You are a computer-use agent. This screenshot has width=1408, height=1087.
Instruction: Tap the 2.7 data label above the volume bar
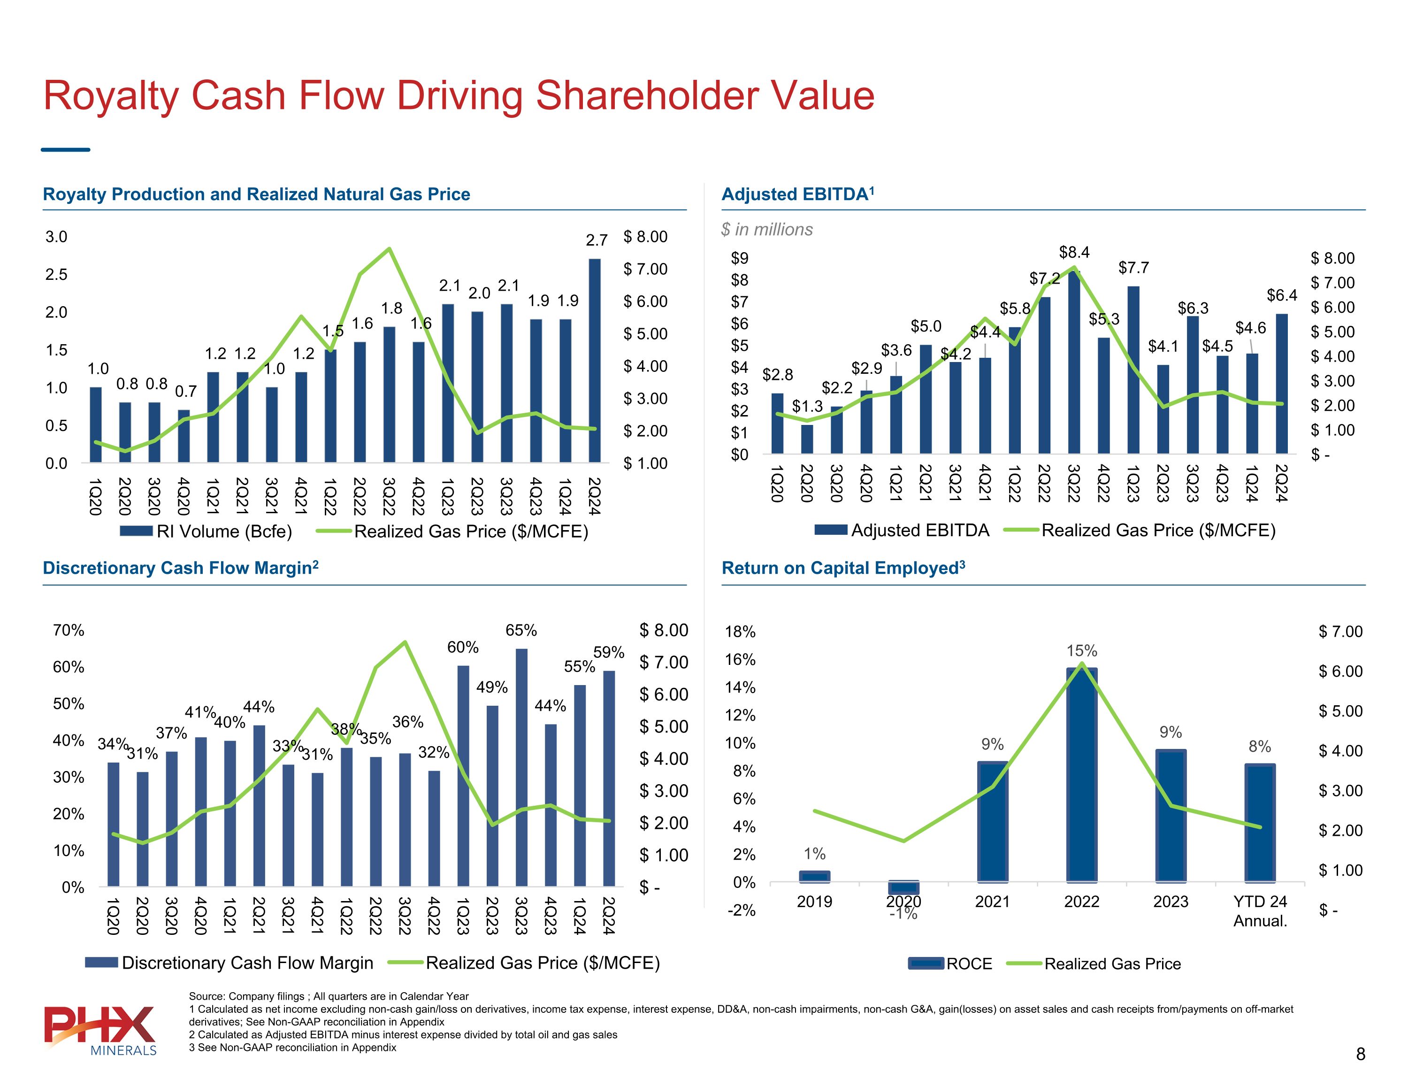597,240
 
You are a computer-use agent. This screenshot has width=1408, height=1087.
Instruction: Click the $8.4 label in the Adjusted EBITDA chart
1074,252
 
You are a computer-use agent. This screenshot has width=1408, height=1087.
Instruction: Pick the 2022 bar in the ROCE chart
1081,774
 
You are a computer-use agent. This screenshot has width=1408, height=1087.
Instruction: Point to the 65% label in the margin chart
521,630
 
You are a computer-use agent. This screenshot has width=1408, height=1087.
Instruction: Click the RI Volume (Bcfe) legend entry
207,532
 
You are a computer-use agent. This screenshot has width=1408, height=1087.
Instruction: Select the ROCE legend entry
951,964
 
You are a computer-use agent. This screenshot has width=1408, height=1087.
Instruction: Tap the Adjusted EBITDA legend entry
902,530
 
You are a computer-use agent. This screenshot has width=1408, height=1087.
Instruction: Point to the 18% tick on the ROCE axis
740,632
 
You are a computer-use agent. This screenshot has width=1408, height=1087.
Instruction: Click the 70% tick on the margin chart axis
69,630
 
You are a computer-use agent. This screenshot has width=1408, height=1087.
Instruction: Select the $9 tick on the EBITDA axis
740,258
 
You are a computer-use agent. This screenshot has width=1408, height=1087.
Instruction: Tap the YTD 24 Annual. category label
1260,911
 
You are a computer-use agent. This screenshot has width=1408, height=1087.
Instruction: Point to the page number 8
1360,1054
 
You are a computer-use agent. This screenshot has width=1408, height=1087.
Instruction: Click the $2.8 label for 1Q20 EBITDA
778,375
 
